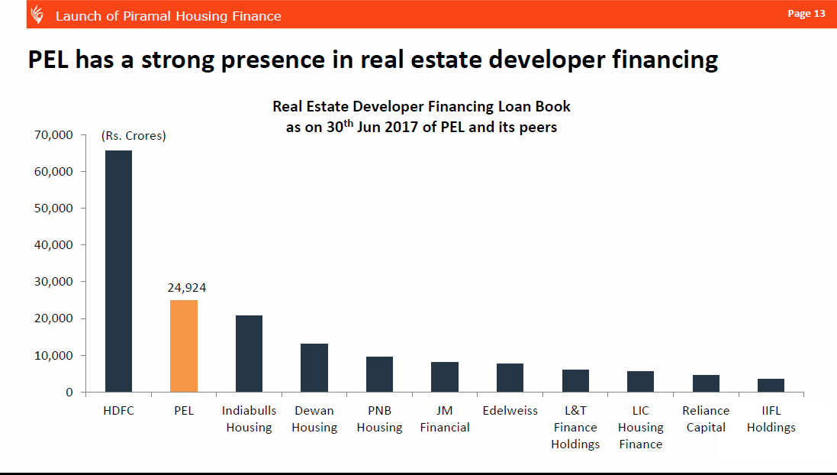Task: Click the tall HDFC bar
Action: [118, 271]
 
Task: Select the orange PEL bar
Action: [184, 346]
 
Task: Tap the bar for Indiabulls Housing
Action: [249, 354]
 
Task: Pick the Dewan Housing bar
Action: [314, 367]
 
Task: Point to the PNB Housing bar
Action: [379, 374]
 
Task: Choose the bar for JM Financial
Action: [445, 376]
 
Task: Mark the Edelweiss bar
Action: [510, 377]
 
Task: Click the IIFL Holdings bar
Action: [771, 385]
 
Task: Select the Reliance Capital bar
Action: [706, 383]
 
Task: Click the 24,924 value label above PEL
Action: [186, 288]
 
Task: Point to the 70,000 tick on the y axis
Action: [53, 135]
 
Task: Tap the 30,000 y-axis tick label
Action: [53, 282]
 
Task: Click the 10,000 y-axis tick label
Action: [53, 355]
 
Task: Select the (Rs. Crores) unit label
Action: [134, 136]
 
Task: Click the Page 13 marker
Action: [806, 14]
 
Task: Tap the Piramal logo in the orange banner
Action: [37, 15]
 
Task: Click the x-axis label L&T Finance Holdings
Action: [575, 427]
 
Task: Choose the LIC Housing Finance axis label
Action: [641, 427]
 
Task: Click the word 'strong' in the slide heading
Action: [179, 60]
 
